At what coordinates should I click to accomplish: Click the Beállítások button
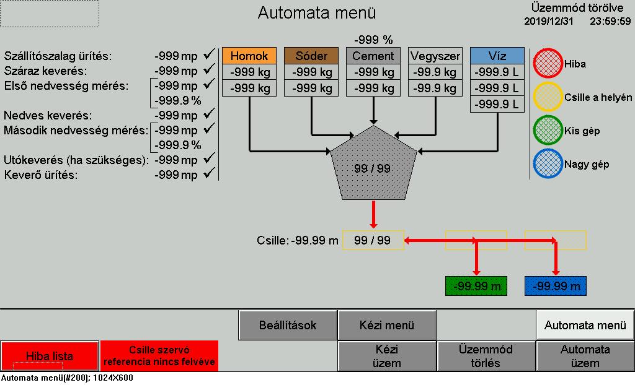(288, 325)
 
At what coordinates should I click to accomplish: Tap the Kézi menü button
(387, 325)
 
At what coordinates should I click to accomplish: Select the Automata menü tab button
(585, 325)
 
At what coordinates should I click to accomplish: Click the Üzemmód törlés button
(486, 357)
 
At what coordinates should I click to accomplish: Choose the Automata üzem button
(585, 357)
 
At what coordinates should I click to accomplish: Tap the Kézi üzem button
(387, 357)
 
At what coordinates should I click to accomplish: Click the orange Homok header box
(249, 56)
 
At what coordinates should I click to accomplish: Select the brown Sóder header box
(311, 56)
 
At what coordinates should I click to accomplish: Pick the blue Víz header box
(497, 56)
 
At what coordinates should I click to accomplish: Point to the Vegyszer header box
(435, 56)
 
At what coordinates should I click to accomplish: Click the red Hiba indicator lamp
(548, 63)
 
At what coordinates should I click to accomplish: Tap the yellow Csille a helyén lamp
(548, 97)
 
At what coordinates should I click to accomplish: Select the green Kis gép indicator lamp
(548, 130)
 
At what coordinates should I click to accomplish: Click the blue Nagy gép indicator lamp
(548, 164)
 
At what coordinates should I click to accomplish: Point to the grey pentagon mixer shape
(373, 166)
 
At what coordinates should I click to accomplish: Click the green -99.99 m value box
(476, 286)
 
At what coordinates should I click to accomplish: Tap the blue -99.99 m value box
(555, 286)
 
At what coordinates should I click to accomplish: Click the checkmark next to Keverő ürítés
(209, 173)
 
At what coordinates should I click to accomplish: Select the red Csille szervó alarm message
(159, 356)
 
